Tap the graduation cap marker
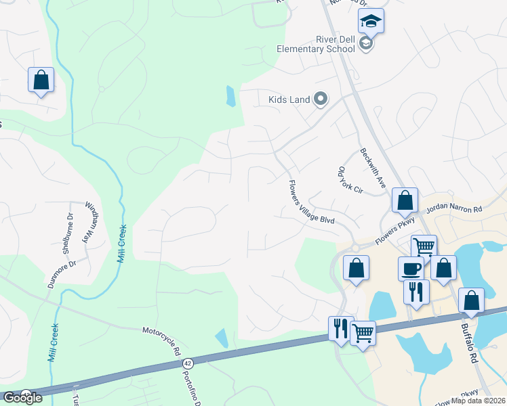[371, 22]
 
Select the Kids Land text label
[289, 100]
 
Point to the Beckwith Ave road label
[373, 168]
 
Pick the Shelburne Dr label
[66, 233]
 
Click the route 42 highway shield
[188, 364]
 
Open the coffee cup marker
[411, 269]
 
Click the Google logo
[22, 398]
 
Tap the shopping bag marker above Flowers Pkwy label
[405, 201]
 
